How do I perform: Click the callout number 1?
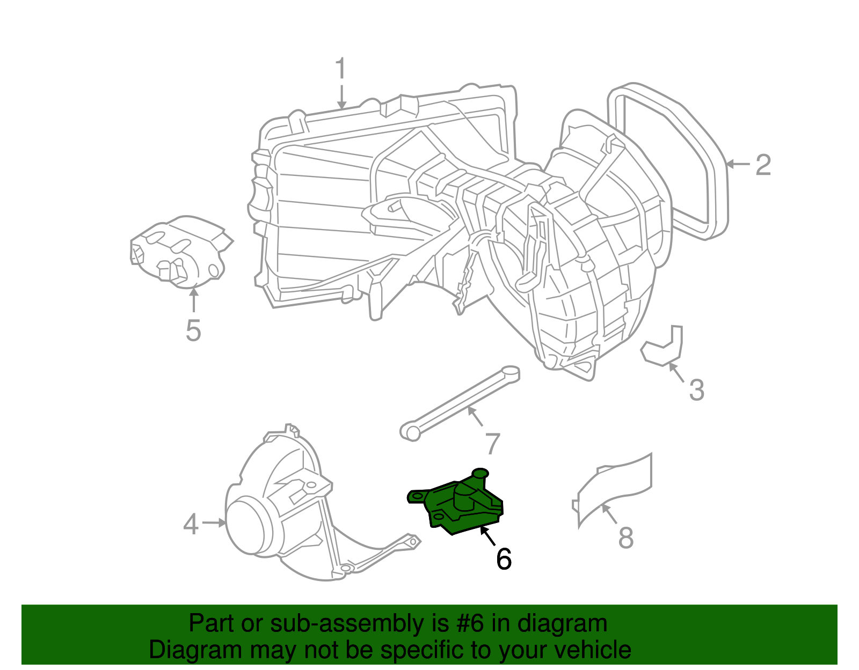click(x=340, y=69)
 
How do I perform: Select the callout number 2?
click(x=763, y=165)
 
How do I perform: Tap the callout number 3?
click(x=696, y=390)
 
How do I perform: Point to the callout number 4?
click(x=191, y=524)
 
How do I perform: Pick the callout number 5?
click(x=193, y=330)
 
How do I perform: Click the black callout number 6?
click(x=504, y=559)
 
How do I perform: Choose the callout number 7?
click(x=492, y=444)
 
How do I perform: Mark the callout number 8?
click(x=626, y=538)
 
